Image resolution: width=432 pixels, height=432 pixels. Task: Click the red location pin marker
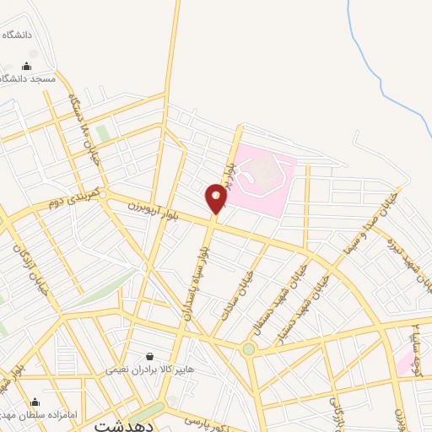[x=216, y=199]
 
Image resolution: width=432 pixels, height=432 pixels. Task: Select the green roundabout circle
[x=249, y=348]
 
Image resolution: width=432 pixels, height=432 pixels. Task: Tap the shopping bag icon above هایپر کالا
[x=149, y=357]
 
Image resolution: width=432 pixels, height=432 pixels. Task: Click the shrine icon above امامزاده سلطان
[x=35, y=402]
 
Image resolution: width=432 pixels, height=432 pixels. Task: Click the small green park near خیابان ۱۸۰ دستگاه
[x=103, y=134]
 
